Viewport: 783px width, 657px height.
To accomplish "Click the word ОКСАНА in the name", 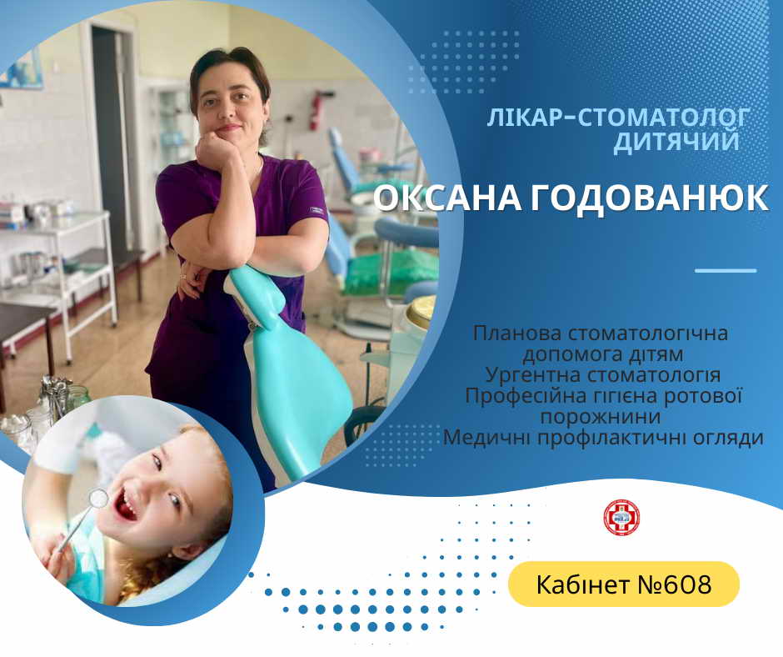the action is pos(447,198).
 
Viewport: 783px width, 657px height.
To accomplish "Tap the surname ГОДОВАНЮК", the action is pos(649,198).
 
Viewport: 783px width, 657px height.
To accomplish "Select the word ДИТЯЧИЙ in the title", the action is pos(676,142).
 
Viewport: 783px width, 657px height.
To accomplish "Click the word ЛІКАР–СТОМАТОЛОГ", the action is pos(618,118).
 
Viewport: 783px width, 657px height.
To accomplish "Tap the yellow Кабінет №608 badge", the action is pos(624,584).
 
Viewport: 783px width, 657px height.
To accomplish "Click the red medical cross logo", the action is pos(621,518).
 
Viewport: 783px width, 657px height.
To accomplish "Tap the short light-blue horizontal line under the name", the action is pos(726,270).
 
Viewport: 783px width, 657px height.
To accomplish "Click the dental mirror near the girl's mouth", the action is pos(98,497).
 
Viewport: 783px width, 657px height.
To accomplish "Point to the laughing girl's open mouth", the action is pos(127,504).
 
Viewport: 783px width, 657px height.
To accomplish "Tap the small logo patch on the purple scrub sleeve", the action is pos(317,210).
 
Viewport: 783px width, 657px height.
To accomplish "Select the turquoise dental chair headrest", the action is pos(257,296).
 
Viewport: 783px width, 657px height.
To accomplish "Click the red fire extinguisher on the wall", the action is pos(315,110).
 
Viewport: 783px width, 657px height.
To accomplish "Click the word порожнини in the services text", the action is pos(601,418).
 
